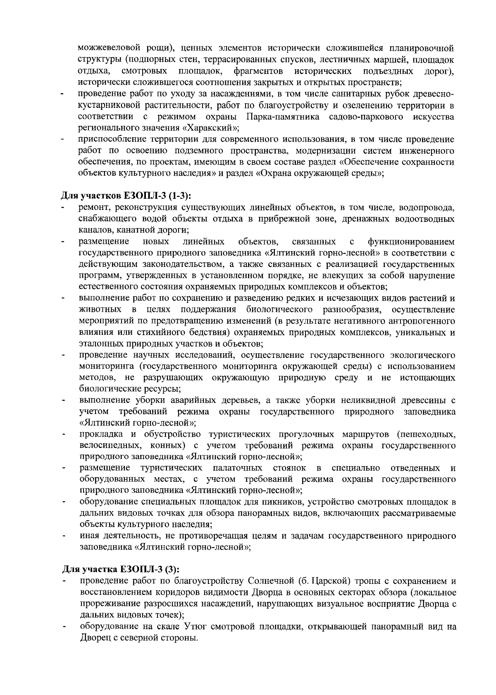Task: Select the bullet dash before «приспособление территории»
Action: (64, 140)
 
